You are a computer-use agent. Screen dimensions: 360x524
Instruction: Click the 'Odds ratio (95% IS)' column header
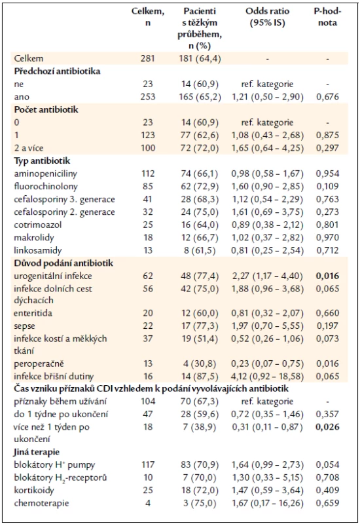tap(267, 17)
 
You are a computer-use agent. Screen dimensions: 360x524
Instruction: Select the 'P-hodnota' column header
tap(327, 17)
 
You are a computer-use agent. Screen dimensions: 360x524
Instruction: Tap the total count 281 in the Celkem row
tap(148, 58)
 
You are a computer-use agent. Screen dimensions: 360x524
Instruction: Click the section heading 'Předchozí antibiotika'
tap(57, 71)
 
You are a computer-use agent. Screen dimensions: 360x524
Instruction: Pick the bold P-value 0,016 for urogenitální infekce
tap(328, 276)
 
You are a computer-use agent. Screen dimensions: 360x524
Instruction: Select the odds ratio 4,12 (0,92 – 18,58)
tap(268, 376)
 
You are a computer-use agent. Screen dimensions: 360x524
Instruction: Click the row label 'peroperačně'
tap(39, 364)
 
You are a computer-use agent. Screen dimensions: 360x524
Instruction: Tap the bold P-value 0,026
tap(328, 427)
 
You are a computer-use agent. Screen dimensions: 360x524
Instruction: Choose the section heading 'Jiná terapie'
tap(37, 452)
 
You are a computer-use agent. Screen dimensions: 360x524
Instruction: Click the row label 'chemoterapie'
tap(41, 503)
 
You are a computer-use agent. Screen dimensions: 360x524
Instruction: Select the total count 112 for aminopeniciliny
tap(148, 174)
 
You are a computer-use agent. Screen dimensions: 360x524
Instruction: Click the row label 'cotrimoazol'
tap(38, 225)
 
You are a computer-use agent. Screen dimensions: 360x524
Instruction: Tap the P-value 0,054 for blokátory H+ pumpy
tap(328, 464)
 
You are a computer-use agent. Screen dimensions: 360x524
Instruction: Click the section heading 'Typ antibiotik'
tap(42, 161)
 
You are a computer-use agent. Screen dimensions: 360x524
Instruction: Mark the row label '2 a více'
tap(29, 148)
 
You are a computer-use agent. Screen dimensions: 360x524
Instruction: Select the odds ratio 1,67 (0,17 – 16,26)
tap(267, 503)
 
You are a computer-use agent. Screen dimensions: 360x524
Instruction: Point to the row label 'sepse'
tap(24, 326)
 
